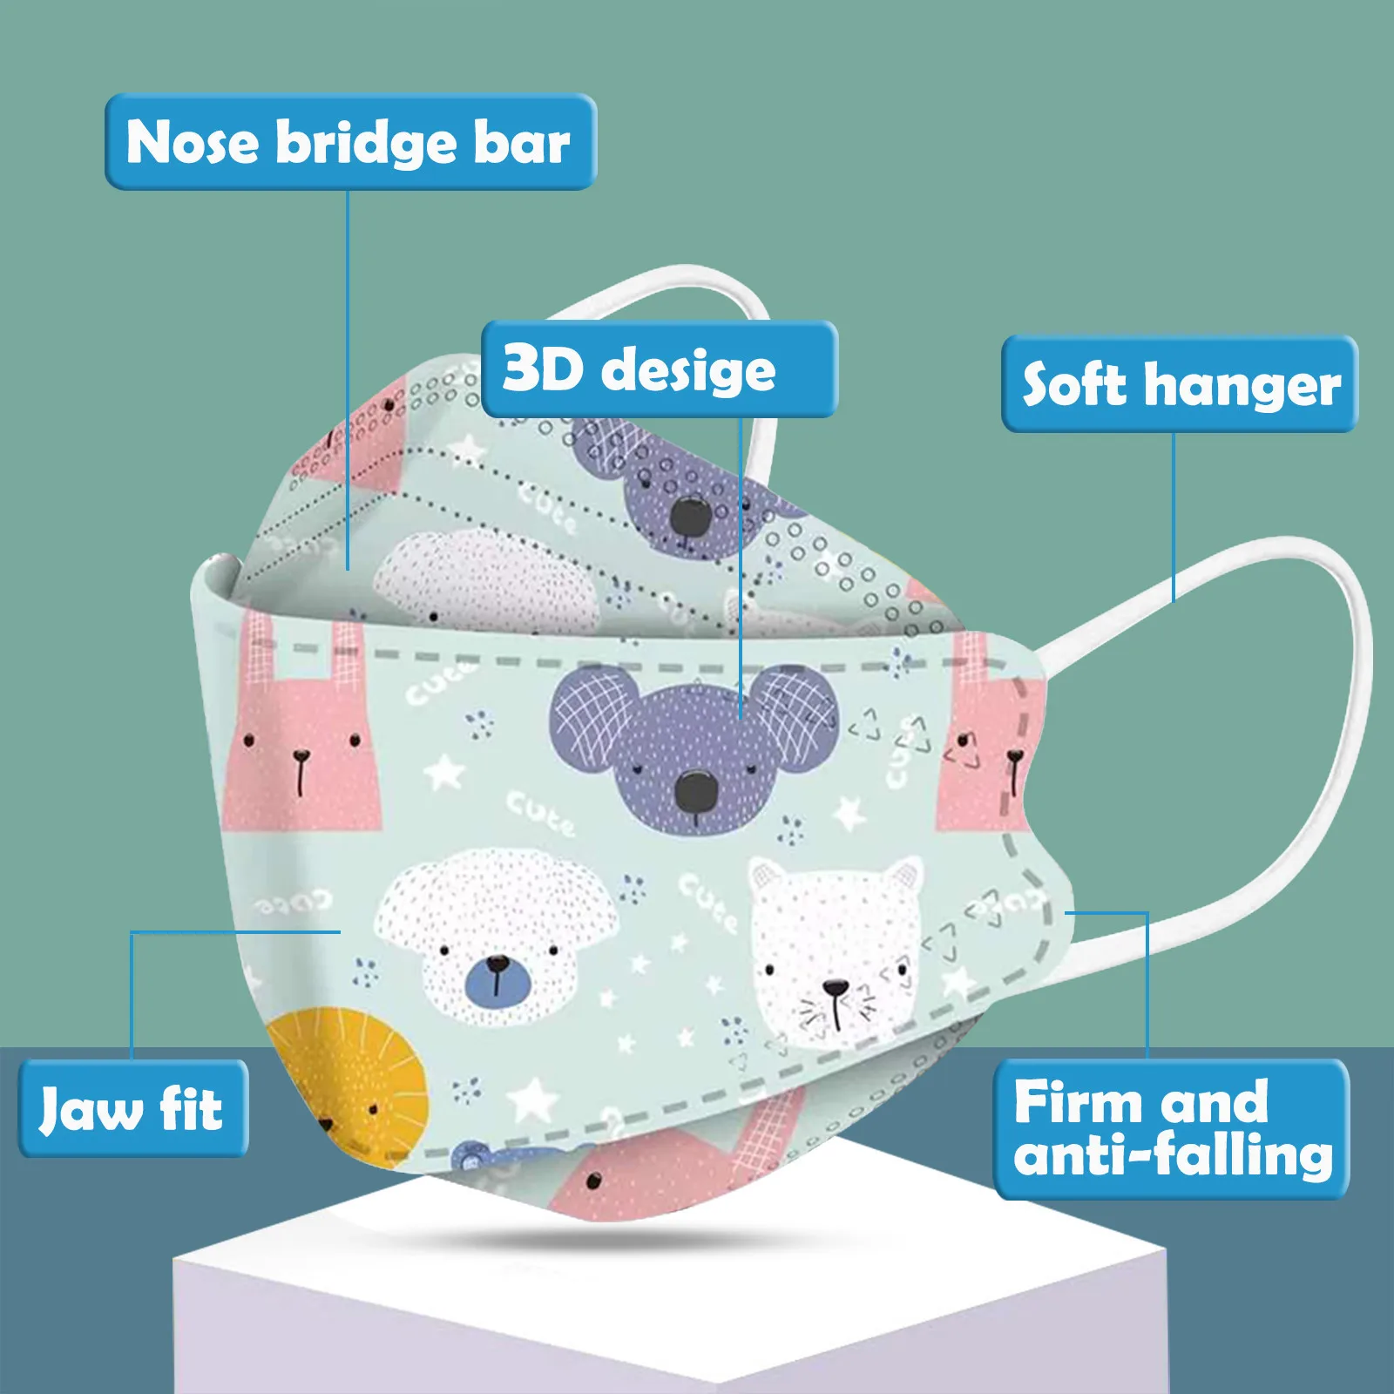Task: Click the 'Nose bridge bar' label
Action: (x=350, y=142)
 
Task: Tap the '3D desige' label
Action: (x=659, y=369)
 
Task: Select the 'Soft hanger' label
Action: (x=1180, y=384)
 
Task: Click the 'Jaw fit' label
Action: (x=133, y=1109)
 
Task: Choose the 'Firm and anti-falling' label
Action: (x=1171, y=1129)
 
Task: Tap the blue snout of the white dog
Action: (x=497, y=978)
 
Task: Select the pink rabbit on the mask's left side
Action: (x=301, y=741)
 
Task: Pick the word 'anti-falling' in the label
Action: (x=1173, y=1155)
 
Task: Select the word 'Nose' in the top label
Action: (x=192, y=142)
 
